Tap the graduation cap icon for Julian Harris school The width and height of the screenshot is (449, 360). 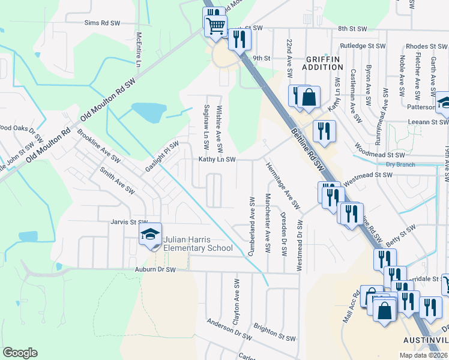click(x=150, y=235)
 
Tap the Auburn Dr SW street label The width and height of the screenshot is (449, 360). click(x=155, y=270)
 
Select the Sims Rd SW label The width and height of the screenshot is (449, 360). click(x=102, y=22)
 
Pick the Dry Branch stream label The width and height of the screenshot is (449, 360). click(x=400, y=164)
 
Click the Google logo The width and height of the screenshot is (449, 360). click(x=20, y=353)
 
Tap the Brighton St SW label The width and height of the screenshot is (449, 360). click(x=274, y=333)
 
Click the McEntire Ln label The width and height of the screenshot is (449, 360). click(x=139, y=50)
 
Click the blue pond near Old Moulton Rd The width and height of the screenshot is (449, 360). click(x=149, y=112)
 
